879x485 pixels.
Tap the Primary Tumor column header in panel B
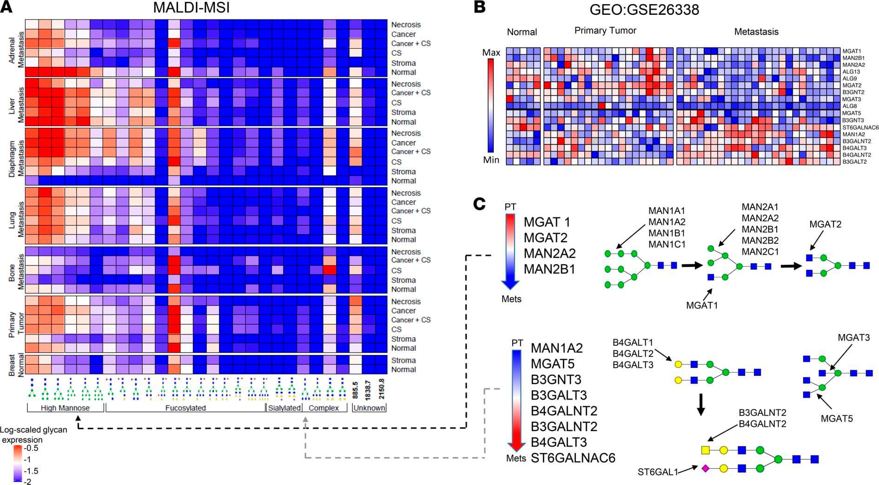pyautogui.click(x=605, y=31)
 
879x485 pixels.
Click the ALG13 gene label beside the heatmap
pyautogui.click(x=851, y=72)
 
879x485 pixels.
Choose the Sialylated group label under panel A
pyautogui.click(x=284, y=408)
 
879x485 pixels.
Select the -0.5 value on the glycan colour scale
pyautogui.click(x=32, y=448)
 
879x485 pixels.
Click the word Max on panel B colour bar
pyautogui.click(x=491, y=52)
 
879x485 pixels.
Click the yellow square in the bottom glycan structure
pyautogui.click(x=705, y=450)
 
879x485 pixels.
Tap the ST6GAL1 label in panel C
pyautogui.click(x=657, y=472)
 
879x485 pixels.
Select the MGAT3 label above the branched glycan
pyautogui.click(x=853, y=338)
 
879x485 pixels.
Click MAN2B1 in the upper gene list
pyautogui.click(x=550, y=269)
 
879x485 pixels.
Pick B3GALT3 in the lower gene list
pyautogui.click(x=559, y=395)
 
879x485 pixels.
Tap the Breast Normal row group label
pyautogui.click(x=15, y=365)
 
